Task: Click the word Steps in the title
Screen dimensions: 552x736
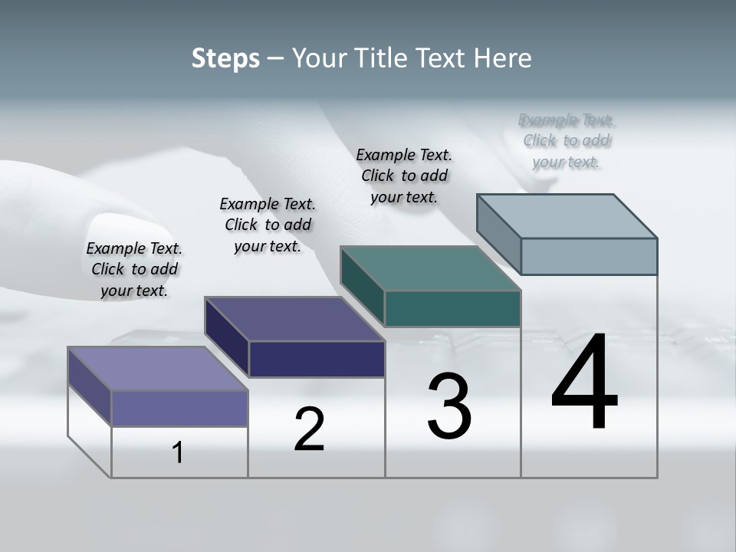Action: pyautogui.click(x=225, y=58)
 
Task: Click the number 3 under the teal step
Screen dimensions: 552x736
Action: pyautogui.click(x=449, y=406)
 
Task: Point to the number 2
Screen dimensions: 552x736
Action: pyautogui.click(x=309, y=429)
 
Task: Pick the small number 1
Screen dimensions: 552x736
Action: pyautogui.click(x=178, y=452)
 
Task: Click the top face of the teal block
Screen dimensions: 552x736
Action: pyautogui.click(x=430, y=268)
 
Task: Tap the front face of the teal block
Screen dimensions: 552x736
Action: pyautogui.click(x=452, y=308)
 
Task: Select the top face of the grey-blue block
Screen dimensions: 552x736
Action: pyautogui.click(x=567, y=216)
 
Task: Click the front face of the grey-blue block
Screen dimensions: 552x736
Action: pyautogui.click(x=589, y=256)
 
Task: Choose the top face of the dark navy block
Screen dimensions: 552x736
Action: pyautogui.click(x=294, y=319)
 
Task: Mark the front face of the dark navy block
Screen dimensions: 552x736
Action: pyautogui.click(x=317, y=359)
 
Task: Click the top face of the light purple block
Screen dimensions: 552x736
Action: pyautogui.click(x=157, y=369)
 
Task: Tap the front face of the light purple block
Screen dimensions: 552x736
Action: pyautogui.click(x=179, y=408)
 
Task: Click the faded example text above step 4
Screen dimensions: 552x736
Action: pyautogui.click(x=567, y=141)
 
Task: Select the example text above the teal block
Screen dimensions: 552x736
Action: pyautogui.click(x=404, y=176)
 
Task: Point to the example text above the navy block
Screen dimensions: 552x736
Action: pyautogui.click(x=268, y=225)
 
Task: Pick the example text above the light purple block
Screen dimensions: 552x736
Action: pyautogui.click(x=134, y=269)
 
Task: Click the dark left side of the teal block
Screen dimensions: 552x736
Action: pyautogui.click(x=363, y=286)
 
